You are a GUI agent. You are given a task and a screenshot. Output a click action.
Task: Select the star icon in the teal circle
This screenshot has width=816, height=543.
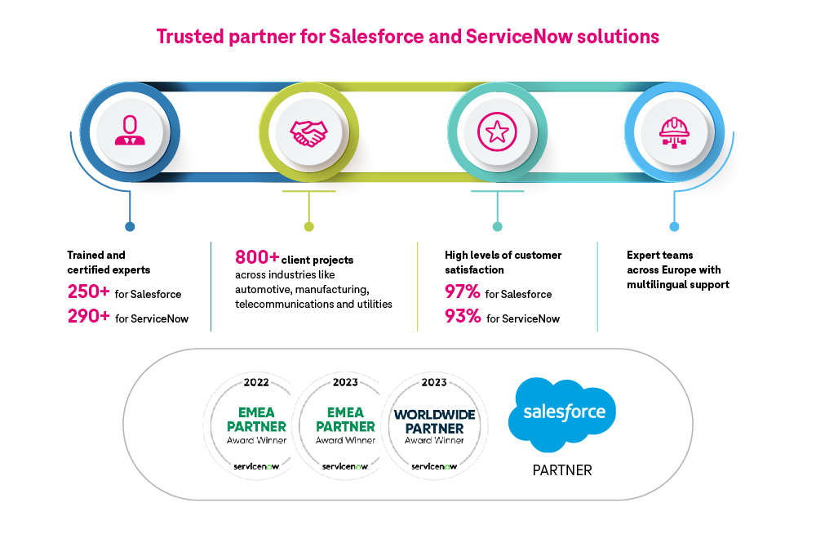(x=498, y=131)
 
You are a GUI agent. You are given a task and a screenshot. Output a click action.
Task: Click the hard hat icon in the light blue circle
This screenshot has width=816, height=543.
(x=674, y=131)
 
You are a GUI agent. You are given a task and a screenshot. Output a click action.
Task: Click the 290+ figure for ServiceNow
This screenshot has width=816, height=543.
(x=89, y=317)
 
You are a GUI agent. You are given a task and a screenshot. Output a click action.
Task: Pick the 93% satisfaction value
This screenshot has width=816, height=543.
(x=462, y=317)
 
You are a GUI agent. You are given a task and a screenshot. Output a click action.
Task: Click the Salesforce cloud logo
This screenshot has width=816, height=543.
(x=562, y=413)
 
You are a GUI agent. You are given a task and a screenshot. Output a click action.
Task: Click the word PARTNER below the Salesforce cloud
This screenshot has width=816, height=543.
(x=562, y=470)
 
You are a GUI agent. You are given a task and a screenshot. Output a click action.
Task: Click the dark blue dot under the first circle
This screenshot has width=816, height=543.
(x=130, y=226)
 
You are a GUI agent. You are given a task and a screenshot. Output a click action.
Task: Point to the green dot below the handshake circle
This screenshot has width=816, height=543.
(x=308, y=226)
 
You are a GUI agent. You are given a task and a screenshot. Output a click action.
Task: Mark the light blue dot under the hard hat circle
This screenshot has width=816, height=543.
(x=674, y=226)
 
